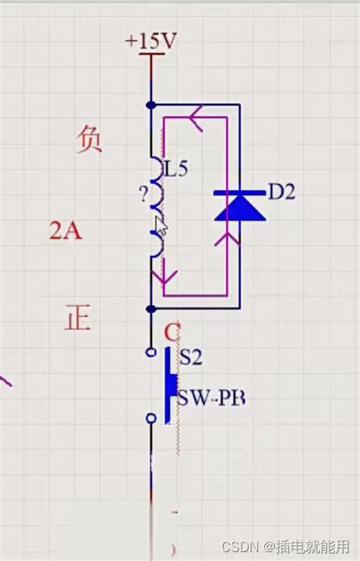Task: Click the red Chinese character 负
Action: click(89, 140)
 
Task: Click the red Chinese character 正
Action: click(77, 317)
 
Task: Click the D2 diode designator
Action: click(280, 192)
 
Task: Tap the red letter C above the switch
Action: click(172, 333)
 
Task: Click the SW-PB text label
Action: click(212, 397)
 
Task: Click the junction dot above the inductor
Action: click(152, 104)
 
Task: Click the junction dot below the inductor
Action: click(152, 308)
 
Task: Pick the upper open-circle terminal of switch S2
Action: click(151, 352)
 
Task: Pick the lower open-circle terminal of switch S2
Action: click(151, 418)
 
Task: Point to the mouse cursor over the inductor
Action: click(161, 225)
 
